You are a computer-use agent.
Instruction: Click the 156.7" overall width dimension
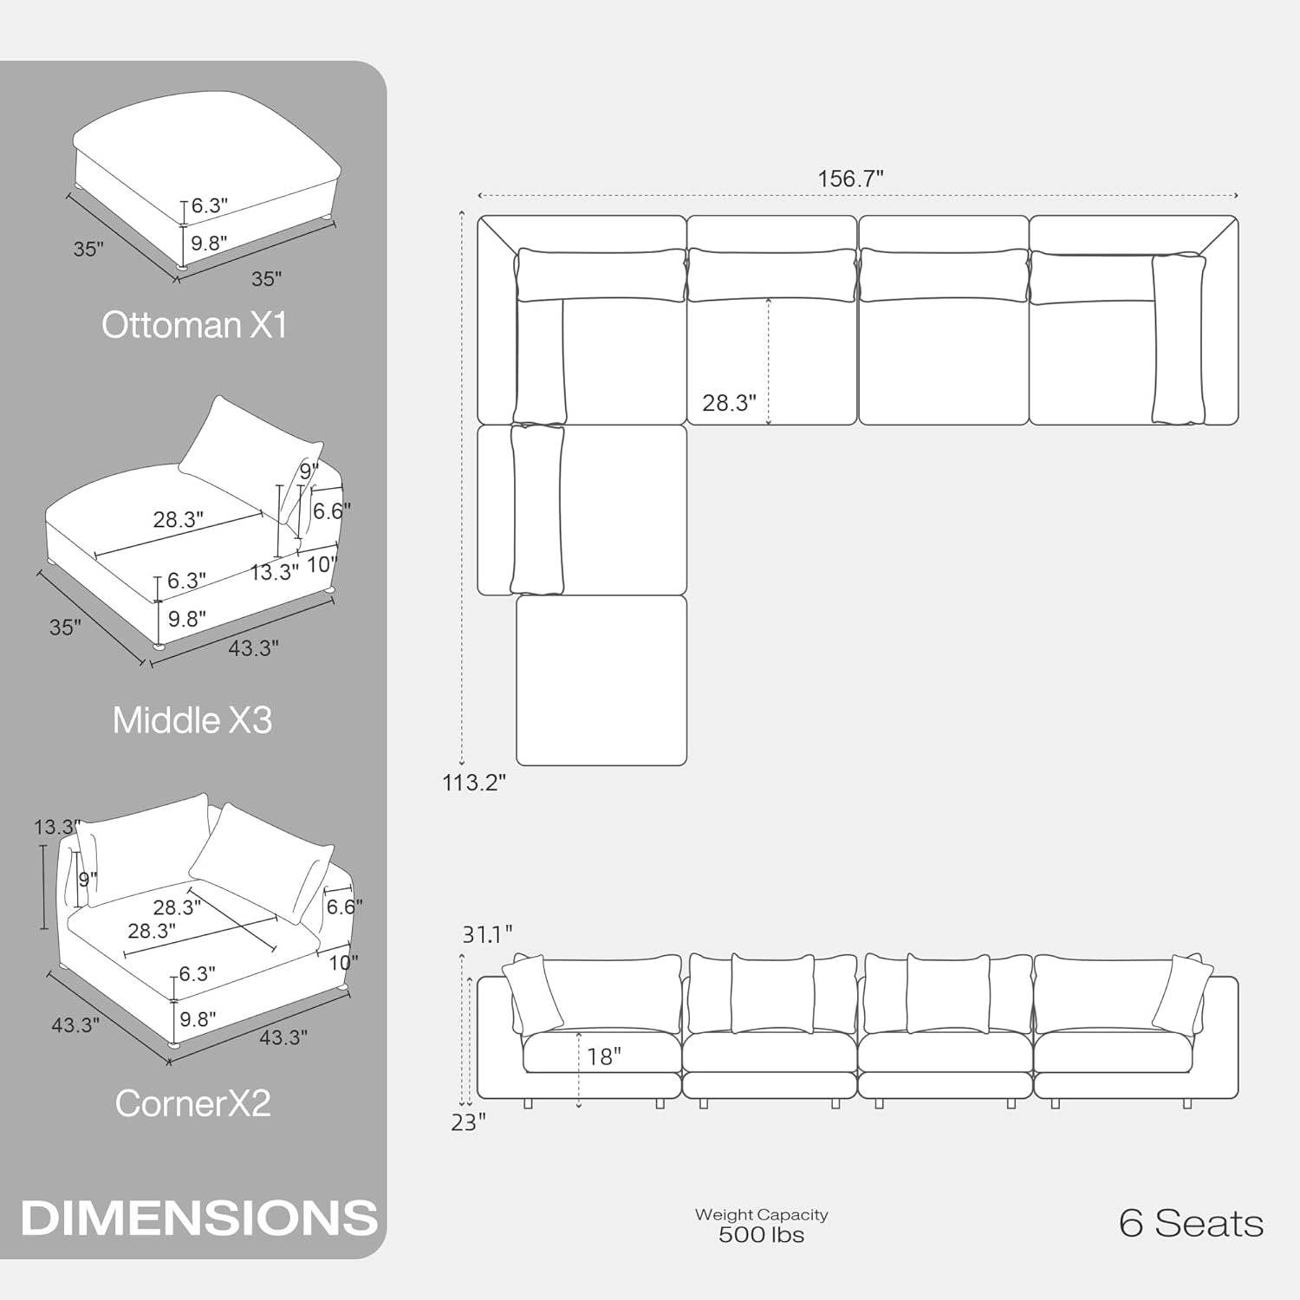click(x=850, y=179)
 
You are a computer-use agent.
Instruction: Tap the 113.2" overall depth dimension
click(x=473, y=783)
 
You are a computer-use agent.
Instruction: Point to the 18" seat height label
click(x=604, y=1056)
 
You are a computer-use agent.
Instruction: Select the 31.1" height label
click(x=486, y=934)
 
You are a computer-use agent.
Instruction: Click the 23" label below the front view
click(x=468, y=1122)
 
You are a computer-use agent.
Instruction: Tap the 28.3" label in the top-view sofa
click(x=729, y=402)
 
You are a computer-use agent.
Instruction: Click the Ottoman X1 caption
click(x=194, y=325)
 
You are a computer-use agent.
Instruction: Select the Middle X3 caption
click(x=192, y=720)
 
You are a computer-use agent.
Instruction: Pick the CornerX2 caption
click(x=193, y=1103)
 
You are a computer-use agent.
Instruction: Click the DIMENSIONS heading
click(x=199, y=1218)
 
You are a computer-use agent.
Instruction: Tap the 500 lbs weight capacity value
click(x=761, y=1235)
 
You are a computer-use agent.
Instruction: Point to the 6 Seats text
click(x=1191, y=1223)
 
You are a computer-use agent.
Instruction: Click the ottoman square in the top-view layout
click(x=601, y=680)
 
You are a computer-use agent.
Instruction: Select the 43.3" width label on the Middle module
click(x=253, y=648)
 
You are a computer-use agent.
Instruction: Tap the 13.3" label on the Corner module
click(x=55, y=828)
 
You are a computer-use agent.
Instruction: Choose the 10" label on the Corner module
click(x=343, y=963)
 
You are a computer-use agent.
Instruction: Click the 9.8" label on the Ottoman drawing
click(x=209, y=244)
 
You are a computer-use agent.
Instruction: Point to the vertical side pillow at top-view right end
click(x=1178, y=339)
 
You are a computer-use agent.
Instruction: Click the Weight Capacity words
click(x=761, y=1215)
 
